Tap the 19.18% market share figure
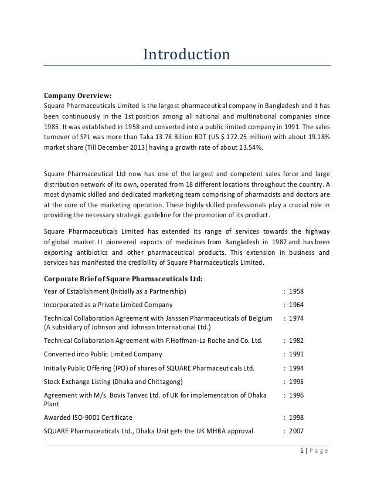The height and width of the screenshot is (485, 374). coord(316,137)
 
